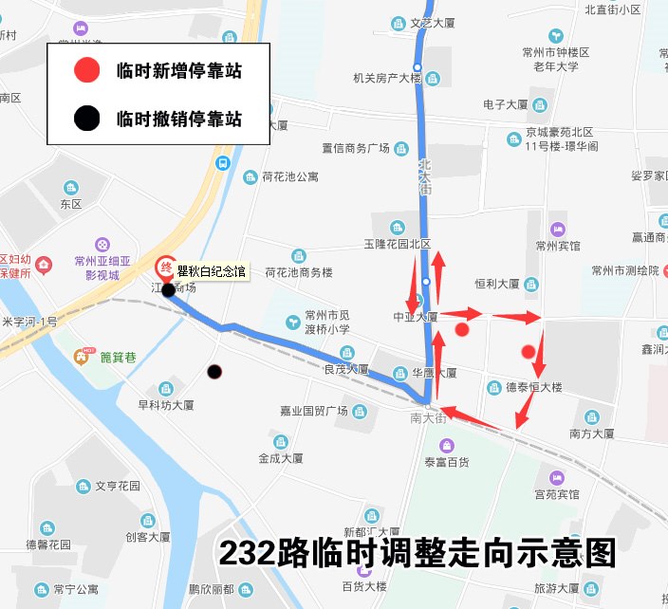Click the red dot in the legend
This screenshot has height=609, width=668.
pos(87,69)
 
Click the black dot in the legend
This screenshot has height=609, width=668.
pos(87,119)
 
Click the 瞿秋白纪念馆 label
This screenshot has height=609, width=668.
pos(212,271)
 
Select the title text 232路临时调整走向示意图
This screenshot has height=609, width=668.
pos(417,552)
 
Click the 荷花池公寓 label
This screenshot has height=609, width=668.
pos(290,177)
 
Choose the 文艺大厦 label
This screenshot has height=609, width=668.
pos(434,24)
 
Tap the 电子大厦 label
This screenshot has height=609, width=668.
pos(505,104)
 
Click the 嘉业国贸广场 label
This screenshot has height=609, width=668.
pos(313,411)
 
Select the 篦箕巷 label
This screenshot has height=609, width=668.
pos(119,357)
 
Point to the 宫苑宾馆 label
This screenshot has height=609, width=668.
pos(556,494)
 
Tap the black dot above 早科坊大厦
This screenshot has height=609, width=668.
pos(214,371)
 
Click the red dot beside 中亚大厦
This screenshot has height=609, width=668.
pos(462,329)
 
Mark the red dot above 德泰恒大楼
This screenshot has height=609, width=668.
pos(529,352)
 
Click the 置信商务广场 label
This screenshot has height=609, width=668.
pos(356,148)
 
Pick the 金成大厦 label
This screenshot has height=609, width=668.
pos(281,457)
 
